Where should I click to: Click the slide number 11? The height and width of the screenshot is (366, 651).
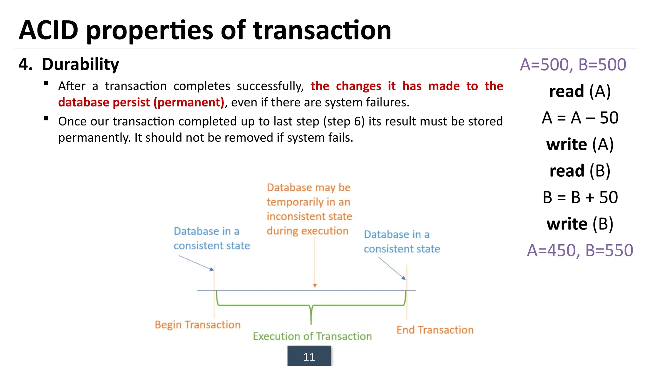tap(309, 357)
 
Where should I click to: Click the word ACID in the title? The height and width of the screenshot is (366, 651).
tap(49, 30)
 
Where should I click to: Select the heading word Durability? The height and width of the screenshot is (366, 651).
tap(80, 64)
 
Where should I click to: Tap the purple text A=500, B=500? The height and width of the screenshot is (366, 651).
tap(573, 64)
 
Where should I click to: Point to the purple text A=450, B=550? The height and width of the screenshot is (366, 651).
tap(580, 250)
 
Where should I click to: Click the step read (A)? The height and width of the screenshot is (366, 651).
tap(580, 91)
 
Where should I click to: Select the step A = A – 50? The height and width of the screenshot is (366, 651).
tap(580, 118)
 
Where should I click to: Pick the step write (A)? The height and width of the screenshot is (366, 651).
tap(580, 145)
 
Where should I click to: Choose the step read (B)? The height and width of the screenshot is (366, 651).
tap(580, 171)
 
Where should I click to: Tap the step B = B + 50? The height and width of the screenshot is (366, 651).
tap(580, 197)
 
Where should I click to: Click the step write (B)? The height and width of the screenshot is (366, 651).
tap(580, 224)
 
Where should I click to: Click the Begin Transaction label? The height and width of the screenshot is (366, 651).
tap(197, 325)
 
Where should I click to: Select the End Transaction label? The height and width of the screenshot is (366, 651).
tap(435, 330)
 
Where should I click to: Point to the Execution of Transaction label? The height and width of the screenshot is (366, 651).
tap(312, 336)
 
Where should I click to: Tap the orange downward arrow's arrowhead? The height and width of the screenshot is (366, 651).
tap(315, 286)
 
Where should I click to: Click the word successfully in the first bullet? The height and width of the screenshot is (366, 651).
tap(270, 86)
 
